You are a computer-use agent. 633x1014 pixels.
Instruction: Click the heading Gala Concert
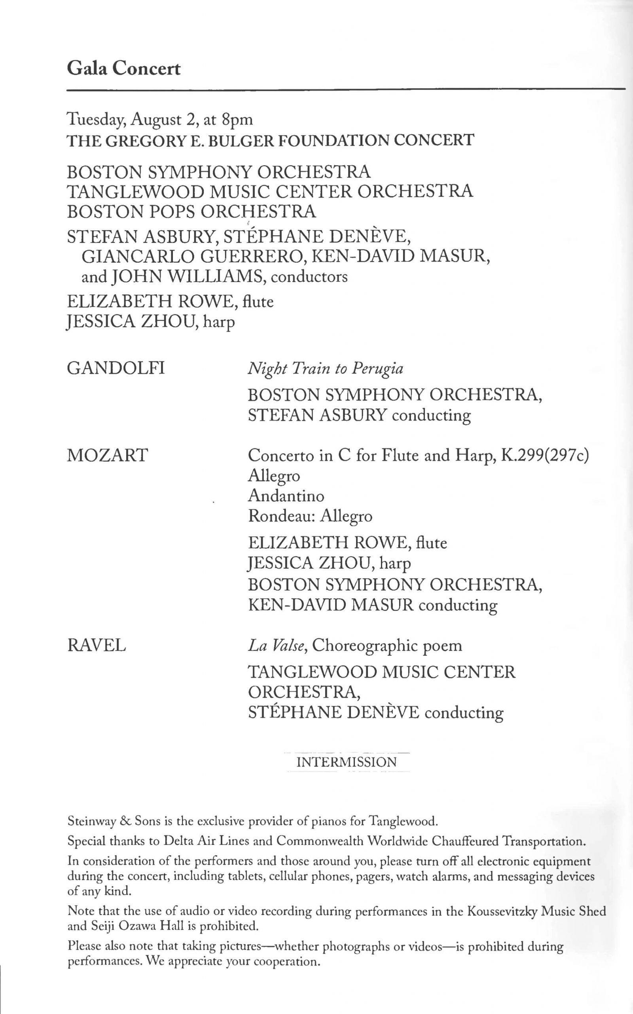123,68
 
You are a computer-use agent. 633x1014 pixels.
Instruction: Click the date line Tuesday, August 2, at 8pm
160,120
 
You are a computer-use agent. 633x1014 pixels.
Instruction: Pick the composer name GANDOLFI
116,369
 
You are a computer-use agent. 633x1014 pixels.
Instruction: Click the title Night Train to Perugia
325,369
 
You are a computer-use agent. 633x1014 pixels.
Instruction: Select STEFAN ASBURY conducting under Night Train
359,415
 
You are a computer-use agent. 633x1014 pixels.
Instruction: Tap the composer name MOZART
107,455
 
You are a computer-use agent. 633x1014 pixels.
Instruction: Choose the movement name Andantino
286,496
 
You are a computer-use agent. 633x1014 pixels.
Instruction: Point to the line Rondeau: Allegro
310,516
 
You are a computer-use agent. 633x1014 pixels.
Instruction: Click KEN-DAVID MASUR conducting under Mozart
373,605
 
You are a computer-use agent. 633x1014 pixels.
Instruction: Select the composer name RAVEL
96,646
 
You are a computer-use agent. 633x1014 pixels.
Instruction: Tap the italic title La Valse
278,646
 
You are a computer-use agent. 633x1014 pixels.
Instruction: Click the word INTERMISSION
346,762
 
